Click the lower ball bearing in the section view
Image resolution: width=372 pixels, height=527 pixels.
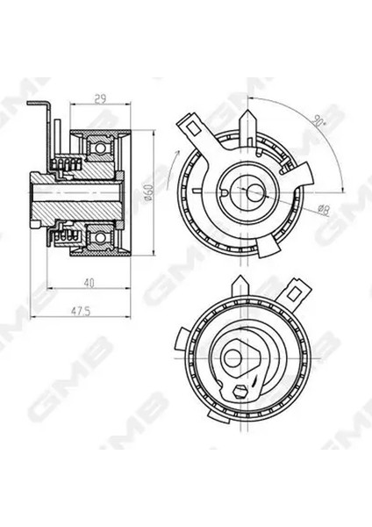(x=102, y=236)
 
